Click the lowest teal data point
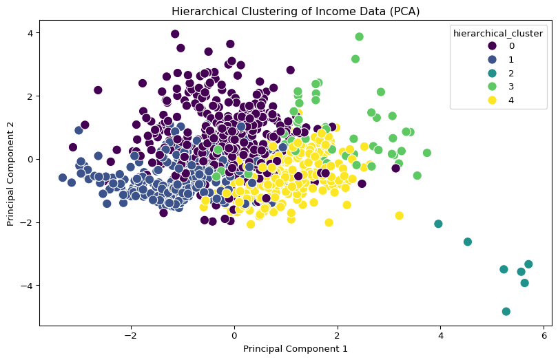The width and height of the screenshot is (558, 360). pyautogui.click(x=506, y=311)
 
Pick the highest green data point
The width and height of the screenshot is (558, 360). pyautogui.click(x=359, y=37)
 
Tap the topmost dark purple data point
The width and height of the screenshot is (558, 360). pyautogui.click(x=175, y=34)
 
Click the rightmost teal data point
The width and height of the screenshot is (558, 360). pyautogui.click(x=528, y=264)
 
